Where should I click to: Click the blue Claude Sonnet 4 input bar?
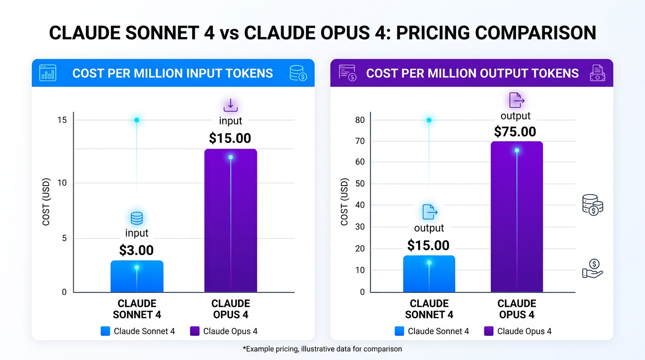pyautogui.click(x=137, y=277)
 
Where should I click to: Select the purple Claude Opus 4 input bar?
pyautogui.click(x=231, y=220)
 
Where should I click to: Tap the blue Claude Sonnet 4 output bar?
pyautogui.click(x=429, y=274)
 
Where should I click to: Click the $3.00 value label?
pyautogui.click(x=136, y=250)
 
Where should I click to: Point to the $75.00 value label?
pyautogui.click(x=515, y=132)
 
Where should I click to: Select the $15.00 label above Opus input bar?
pyautogui.click(x=230, y=138)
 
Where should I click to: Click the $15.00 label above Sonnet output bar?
pyautogui.click(x=428, y=246)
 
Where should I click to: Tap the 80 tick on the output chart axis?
pyautogui.click(x=360, y=120)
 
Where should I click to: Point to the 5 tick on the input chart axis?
pyautogui.click(x=64, y=238)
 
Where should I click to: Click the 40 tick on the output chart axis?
pyautogui.click(x=360, y=205)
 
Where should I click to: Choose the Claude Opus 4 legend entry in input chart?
pyautogui.click(x=224, y=331)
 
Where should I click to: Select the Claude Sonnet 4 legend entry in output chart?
pyautogui.click(x=432, y=331)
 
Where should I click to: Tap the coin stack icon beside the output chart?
pyautogui.click(x=592, y=205)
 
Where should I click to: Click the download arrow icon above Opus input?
pyautogui.click(x=230, y=105)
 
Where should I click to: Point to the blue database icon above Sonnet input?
pyautogui.click(x=136, y=218)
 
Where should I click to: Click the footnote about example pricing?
pyautogui.click(x=322, y=349)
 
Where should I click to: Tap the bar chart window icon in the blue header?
pyautogui.click(x=48, y=73)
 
